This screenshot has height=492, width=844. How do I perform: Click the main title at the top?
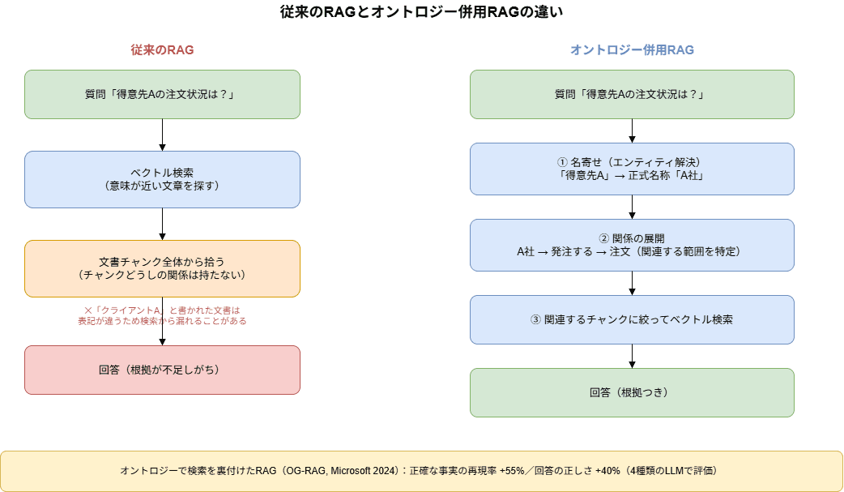click(421, 12)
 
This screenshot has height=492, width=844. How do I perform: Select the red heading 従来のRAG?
click(162, 50)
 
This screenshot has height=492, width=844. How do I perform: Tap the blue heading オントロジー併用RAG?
click(632, 50)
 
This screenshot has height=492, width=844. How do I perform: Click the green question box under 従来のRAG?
click(162, 94)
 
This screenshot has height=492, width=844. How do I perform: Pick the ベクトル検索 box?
click(162, 179)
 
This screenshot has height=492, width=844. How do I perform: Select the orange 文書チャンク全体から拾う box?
click(162, 268)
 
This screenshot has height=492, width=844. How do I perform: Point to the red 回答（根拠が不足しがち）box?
click(162, 370)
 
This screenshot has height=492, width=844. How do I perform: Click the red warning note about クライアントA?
click(162, 316)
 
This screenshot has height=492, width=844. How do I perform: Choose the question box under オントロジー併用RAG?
click(632, 94)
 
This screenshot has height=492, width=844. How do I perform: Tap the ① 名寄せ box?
click(632, 169)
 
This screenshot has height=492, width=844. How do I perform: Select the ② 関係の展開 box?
click(632, 246)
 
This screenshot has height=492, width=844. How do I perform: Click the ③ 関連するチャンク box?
click(632, 319)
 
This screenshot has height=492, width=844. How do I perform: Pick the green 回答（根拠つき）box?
click(632, 392)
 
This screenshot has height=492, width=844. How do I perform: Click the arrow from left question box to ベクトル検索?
click(162, 135)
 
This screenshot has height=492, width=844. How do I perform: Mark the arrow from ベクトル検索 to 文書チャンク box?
click(162, 225)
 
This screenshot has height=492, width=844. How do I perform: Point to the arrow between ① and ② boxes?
click(632, 207)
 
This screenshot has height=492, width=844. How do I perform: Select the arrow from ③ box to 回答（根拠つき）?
click(632, 356)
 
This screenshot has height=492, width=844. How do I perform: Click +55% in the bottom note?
click(512, 470)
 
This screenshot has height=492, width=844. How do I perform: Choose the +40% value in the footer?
click(607, 470)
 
